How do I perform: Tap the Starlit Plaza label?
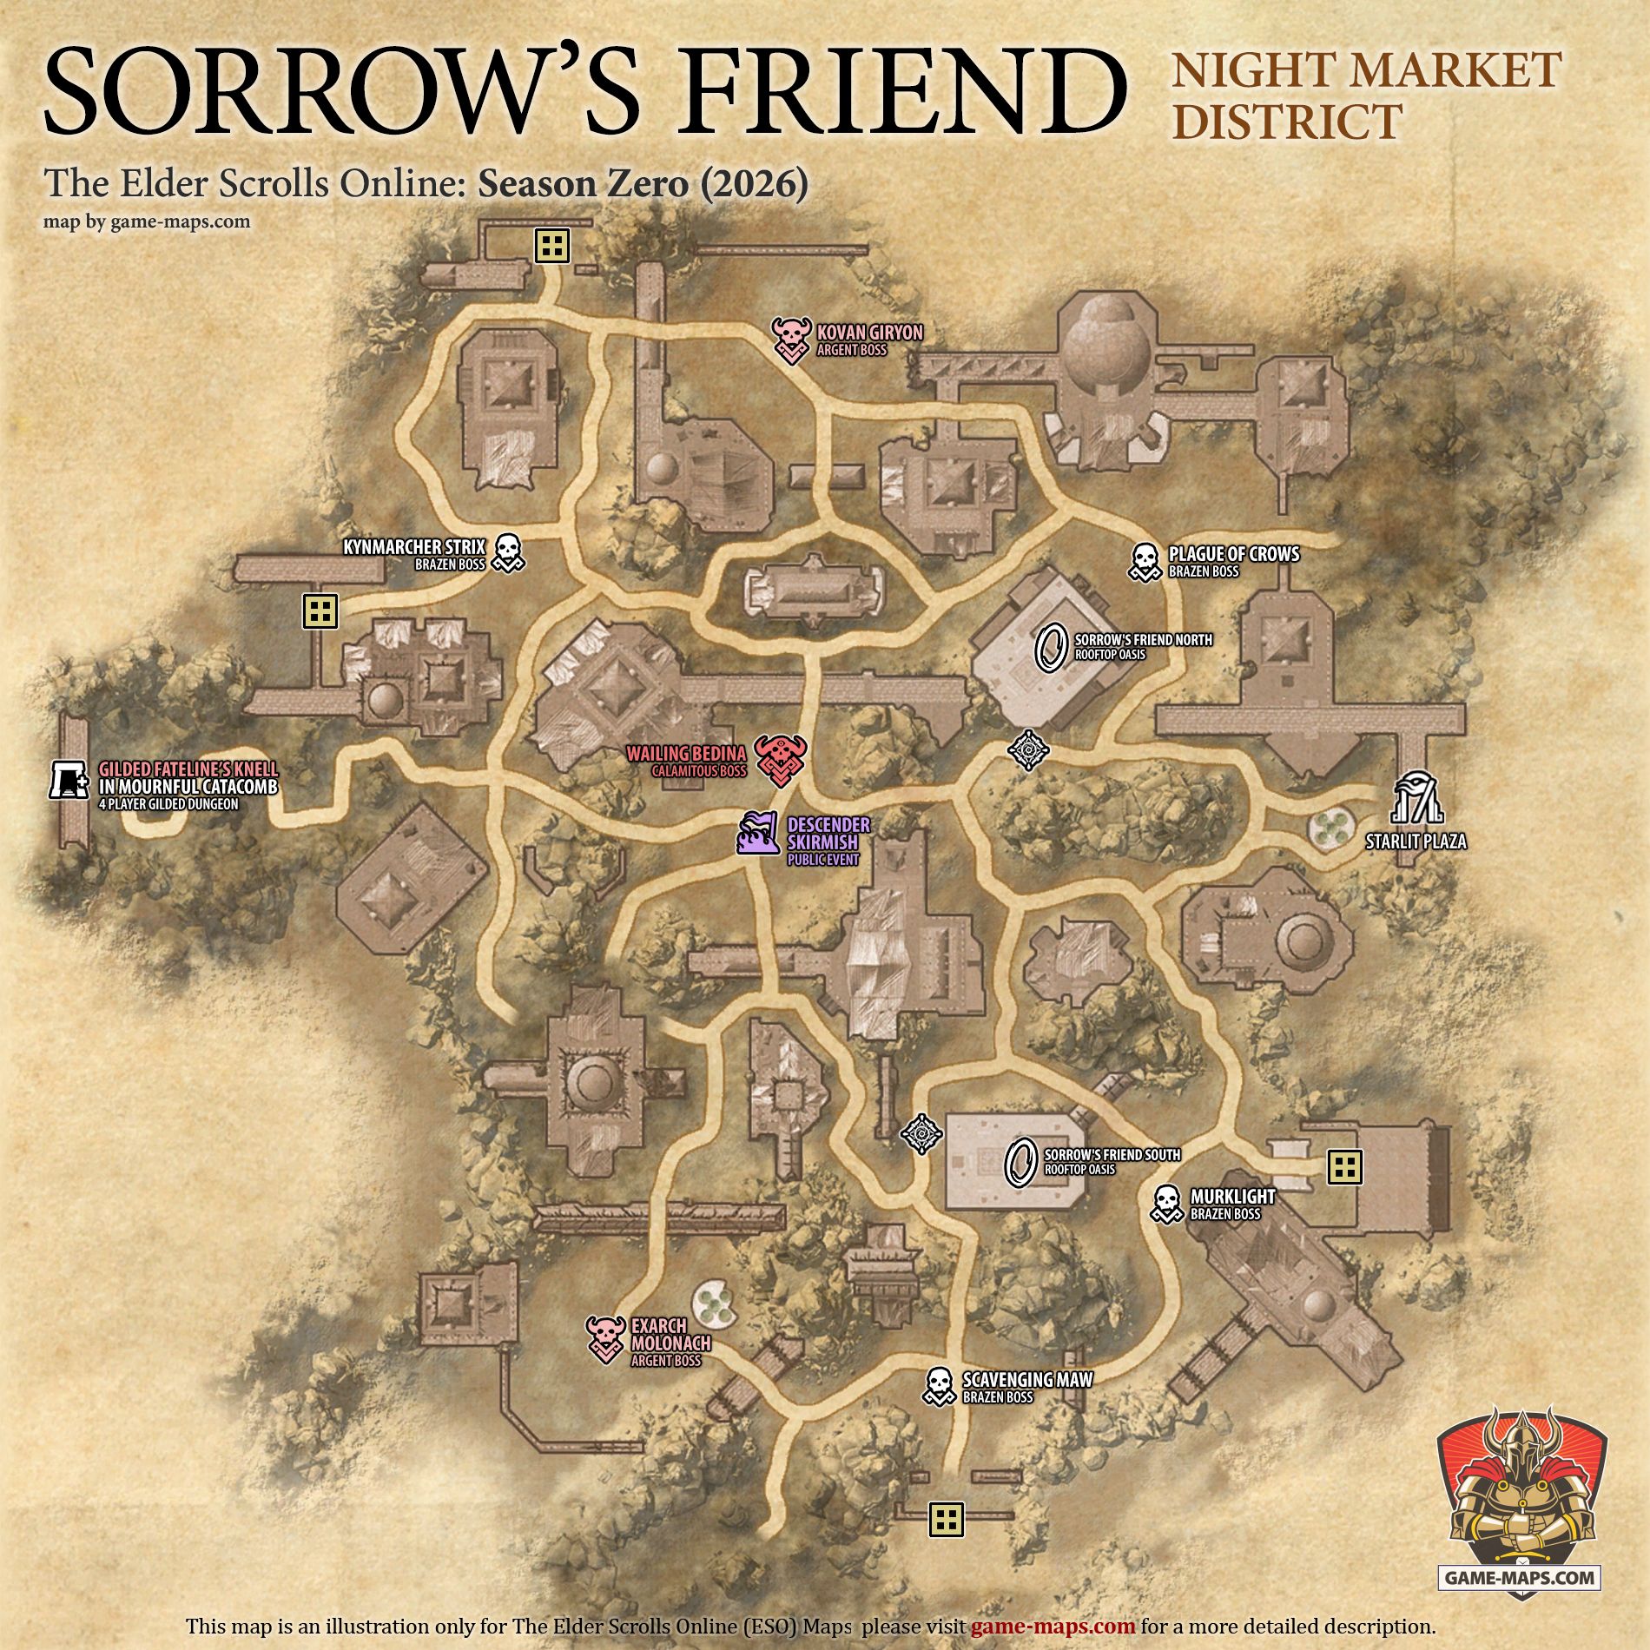pos(1415,841)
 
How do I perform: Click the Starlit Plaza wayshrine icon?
pos(1416,796)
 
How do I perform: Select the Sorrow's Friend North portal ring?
pos(1052,647)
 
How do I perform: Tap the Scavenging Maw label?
pos(1027,1379)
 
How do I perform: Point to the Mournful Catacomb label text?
pos(188,787)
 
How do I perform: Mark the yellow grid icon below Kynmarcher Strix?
pos(320,610)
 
